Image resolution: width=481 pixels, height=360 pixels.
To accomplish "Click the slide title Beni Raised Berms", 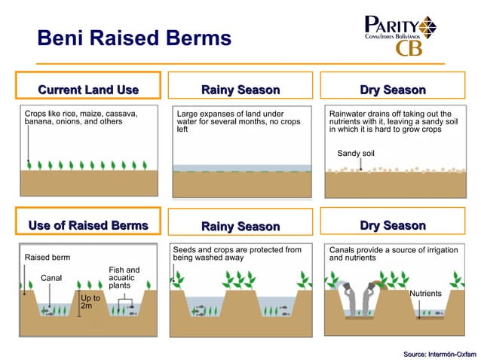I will click(134, 38).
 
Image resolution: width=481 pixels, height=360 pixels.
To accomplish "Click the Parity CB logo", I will click(400, 35).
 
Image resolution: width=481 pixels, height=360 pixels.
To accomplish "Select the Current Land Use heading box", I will click(88, 90).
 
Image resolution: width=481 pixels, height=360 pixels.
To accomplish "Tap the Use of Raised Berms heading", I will click(88, 225).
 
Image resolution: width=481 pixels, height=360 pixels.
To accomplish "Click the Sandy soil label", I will click(356, 154).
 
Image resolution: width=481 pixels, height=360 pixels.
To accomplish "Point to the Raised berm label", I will click(47, 258).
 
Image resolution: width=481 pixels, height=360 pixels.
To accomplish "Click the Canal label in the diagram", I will click(51, 278).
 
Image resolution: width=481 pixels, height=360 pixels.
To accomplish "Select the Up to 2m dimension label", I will click(90, 304).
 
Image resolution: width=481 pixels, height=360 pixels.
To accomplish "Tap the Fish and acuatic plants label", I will click(124, 278).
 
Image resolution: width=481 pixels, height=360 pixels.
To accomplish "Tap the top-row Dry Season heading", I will click(392, 90).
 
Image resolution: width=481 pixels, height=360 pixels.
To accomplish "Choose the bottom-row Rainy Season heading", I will click(240, 226).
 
